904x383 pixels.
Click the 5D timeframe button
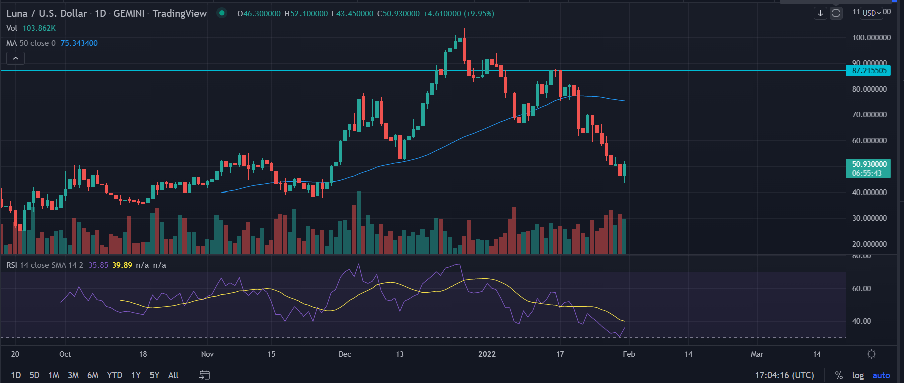pos(34,375)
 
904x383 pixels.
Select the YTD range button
pos(114,375)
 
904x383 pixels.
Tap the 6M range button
pos(93,375)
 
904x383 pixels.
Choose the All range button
pos(173,375)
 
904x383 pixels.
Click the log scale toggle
pos(858,375)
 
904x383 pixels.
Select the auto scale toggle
pos(881,375)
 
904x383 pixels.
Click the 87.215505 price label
pos(869,71)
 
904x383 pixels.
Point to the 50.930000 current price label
pos(869,164)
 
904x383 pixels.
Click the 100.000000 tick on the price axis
pos(871,38)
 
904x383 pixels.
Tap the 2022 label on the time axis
pos(487,354)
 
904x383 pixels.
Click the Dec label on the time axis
pos(345,354)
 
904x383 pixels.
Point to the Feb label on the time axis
pos(629,354)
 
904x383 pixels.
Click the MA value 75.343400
pos(79,43)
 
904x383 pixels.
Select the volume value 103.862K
pos(39,28)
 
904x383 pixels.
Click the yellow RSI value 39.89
pos(122,265)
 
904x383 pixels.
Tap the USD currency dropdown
pos(872,13)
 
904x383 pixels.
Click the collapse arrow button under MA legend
pos(15,58)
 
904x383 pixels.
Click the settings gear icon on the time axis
pos(871,354)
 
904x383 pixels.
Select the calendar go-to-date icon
pos(204,375)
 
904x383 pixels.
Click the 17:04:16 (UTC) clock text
pos(784,375)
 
